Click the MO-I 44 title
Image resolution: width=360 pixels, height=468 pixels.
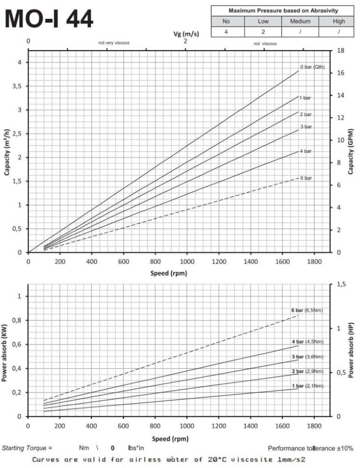tap(50, 20)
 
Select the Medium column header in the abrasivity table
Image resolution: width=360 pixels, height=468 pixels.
tap(300, 22)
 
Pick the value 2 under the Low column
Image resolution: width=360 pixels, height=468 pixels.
tap(263, 32)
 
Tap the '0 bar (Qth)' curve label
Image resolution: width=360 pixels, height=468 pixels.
tap(312, 67)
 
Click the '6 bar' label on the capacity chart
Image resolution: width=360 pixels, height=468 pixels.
tap(306, 178)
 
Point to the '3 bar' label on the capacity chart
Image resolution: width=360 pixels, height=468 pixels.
tap(306, 127)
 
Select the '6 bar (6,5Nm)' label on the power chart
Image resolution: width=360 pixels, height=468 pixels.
tap(307, 310)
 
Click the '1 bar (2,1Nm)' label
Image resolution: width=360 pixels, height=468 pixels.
tap(308, 386)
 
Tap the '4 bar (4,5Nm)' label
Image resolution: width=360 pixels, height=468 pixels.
tap(308, 342)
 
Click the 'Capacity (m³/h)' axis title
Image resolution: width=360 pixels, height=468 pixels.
tap(7, 152)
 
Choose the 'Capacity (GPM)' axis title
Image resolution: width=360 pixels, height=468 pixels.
tap(350, 152)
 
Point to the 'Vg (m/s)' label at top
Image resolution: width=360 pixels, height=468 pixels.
tap(185, 33)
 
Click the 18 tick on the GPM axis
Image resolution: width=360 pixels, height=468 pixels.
tap(340, 51)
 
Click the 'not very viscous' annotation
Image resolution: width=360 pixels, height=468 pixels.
tap(114, 43)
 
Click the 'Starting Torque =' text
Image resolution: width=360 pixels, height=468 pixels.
tap(27, 448)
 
